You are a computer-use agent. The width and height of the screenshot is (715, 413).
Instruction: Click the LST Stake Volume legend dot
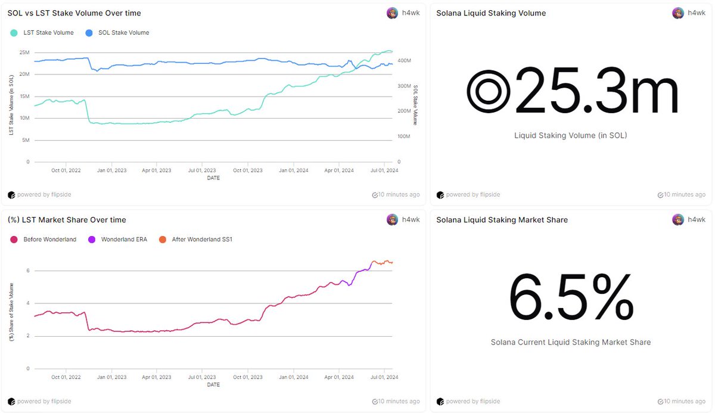click(14, 33)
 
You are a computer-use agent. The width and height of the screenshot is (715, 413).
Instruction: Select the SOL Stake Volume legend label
click(123, 33)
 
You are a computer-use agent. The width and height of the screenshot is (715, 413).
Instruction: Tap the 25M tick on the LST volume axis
click(24, 52)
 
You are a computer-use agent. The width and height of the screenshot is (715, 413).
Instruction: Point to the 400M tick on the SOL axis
click(404, 61)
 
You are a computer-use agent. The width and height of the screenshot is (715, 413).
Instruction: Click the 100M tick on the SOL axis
click(404, 136)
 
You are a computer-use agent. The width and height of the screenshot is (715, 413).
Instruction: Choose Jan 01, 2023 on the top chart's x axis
click(112, 170)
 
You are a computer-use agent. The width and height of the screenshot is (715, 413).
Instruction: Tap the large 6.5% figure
click(571, 297)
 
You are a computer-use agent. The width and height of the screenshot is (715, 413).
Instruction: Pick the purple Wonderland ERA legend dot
click(92, 240)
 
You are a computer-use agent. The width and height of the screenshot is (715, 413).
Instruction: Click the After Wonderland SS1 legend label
click(202, 240)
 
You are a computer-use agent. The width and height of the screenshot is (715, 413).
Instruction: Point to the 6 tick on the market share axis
click(28, 271)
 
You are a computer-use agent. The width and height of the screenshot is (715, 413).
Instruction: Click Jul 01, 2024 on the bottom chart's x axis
click(384, 377)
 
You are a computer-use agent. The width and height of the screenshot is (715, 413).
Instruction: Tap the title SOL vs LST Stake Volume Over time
click(74, 13)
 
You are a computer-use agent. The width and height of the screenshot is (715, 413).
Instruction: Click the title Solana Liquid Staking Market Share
click(502, 220)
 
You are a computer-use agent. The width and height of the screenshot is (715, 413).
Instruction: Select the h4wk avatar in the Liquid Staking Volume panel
click(678, 13)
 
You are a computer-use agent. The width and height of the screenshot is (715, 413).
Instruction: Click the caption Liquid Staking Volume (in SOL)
click(571, 135)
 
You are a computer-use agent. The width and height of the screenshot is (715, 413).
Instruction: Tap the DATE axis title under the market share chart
click(213, 385)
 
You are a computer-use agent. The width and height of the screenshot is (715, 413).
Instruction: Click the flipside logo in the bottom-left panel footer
click(11, 402)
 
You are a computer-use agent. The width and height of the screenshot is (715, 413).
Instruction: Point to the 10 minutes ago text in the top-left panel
click(399, 195)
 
